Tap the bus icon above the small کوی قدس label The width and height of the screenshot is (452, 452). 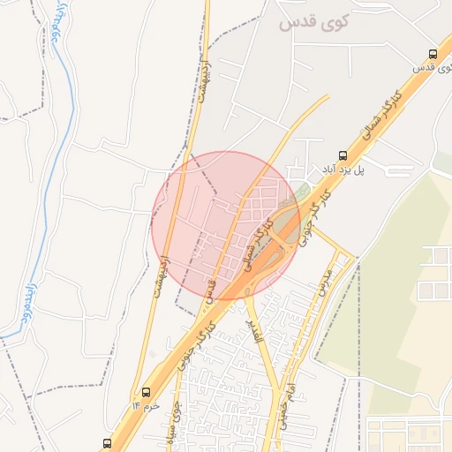[430, 53]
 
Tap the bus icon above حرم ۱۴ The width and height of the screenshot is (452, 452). [146, 392]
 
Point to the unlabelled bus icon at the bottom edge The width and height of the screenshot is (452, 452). [107, 443]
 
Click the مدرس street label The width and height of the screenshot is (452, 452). [324, 280]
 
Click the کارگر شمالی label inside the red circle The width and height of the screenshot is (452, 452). [255, 249]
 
